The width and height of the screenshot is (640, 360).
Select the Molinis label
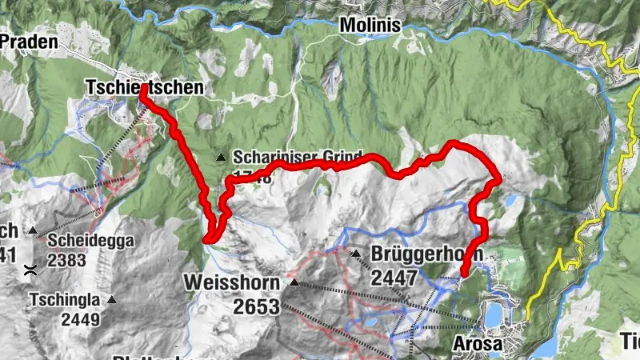tap(370, 26)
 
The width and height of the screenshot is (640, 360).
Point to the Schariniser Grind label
tap(298, 156)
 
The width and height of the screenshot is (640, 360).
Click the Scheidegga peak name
tap(90, 239)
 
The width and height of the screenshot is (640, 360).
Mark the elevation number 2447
tap(394, 278)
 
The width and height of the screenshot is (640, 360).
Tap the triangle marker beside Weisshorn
tap(294, 282)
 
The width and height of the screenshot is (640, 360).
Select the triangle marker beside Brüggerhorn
tap(355, 254)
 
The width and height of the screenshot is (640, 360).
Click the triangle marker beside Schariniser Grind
tap(221, 157)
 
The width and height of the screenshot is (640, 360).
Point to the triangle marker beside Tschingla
tap(111, 301)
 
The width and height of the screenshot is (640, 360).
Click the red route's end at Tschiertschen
tap(143, 90)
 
